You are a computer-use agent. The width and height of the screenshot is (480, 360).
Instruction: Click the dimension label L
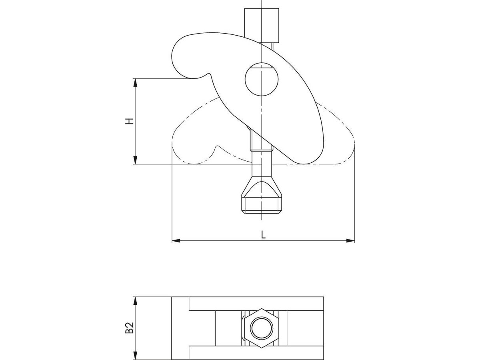point(263,235)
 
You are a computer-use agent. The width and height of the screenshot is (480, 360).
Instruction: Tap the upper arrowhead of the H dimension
point(135,82)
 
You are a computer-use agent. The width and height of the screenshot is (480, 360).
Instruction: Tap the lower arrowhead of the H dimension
point(135,160)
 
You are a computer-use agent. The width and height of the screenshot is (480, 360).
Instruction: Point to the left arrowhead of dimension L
point(176,241)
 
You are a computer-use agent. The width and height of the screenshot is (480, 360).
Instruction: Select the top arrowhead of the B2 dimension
point(135,300)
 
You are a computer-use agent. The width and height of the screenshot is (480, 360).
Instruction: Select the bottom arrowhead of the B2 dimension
point(135,356)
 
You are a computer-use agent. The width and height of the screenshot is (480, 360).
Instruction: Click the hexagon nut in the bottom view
point(261,328)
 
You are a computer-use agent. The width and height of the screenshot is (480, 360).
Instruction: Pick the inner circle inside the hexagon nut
point(261,328)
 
